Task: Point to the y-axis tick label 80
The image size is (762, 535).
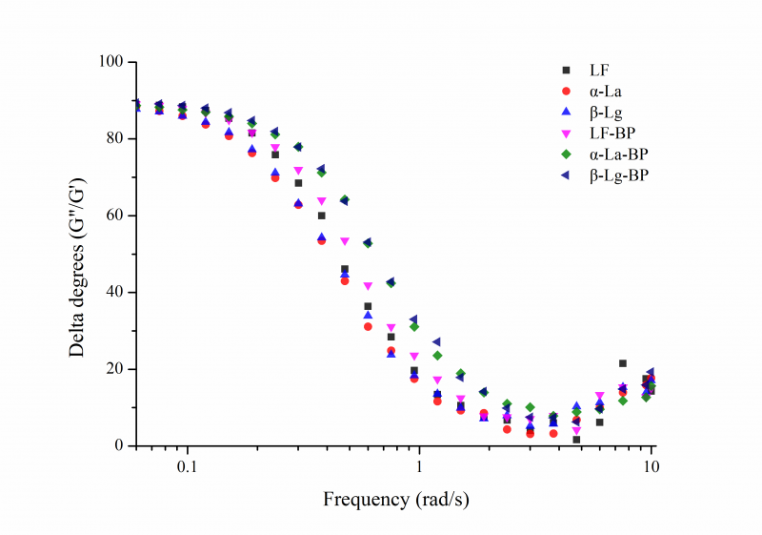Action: pyautogui.click(x=117, y=138)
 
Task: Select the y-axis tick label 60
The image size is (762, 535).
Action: pyautogui.click(x=117, y=216)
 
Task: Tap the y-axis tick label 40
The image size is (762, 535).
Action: pyautogui.click(x=117, y=292)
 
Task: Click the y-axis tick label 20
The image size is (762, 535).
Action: pyautogui.click(x=117, y=369)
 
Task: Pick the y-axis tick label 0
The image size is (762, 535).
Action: pyautogui.click(x=121, y=445)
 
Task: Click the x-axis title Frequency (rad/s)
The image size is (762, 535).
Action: pyautogui.click(x=395, y=499)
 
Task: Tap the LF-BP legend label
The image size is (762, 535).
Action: pyautogui.click(x=612, y=134)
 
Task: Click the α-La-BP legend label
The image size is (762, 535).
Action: pyautogui.click(x=620, y=154)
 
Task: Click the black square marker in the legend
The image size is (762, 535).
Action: pyautogui.click(x=567, y=71)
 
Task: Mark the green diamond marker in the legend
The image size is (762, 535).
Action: pyautogui.click(x=567, y=154)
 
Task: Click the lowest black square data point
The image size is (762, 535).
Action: pyautogui.click(x=576, y=440)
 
